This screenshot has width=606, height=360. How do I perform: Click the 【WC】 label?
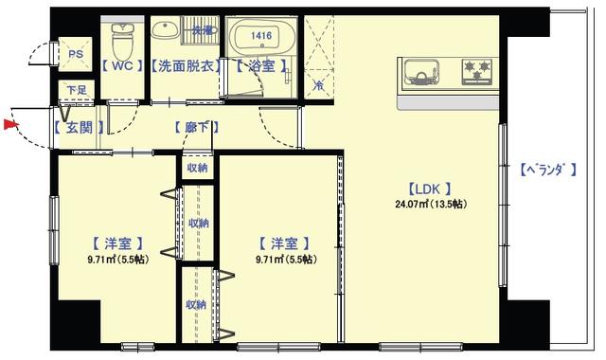point(121,67)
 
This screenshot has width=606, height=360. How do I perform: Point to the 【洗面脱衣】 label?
point(187,67)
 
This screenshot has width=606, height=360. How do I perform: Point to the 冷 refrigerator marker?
point(318,85)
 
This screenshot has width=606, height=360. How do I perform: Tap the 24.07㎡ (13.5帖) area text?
point(431,204)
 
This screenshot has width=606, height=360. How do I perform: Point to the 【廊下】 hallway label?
point(197,127)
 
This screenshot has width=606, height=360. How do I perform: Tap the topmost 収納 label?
point(197,168)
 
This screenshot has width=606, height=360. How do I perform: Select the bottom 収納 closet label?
point(196,304)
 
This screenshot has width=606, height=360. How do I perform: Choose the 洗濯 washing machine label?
point(203,31)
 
